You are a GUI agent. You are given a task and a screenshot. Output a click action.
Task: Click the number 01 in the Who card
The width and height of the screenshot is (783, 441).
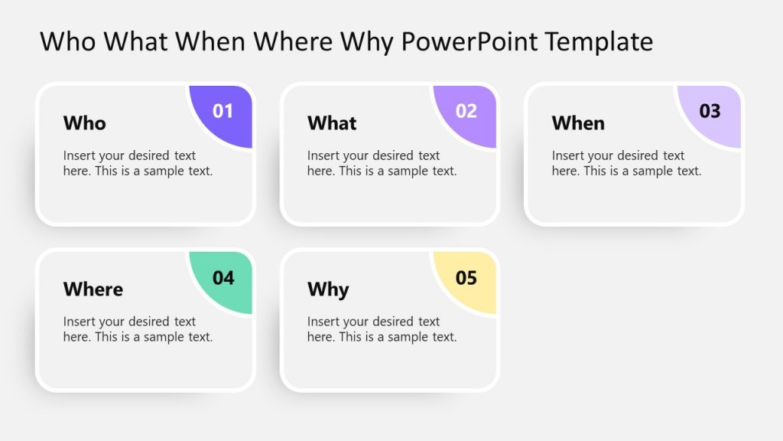click(x=223, y=111)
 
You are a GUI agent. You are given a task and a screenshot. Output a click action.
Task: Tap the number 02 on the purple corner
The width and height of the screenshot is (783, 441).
click(x=466, y=111)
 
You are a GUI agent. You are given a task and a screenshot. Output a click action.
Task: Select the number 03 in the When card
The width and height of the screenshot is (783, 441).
click(x=710, y=111)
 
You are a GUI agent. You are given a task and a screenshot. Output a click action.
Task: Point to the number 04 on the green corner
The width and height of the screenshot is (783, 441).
click(x=223, y=277)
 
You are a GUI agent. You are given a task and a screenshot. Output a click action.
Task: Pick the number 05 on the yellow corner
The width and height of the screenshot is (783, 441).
click(x=466, y=277)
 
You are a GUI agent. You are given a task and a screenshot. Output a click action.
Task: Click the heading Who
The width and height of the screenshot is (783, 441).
click(x=85, y=123)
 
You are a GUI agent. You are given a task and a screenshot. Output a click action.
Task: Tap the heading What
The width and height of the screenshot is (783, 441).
click(x=332, y=123)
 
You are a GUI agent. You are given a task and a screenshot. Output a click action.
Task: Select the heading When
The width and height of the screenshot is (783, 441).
click(x=578, y=123)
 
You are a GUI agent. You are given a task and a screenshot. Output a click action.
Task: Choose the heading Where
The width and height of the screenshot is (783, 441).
click(x=93, y=289)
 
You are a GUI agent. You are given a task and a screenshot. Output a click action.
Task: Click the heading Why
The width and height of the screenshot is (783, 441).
click(x=328, y=289)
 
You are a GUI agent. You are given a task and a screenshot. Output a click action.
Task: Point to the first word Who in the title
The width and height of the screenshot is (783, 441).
click(x=68, y=41)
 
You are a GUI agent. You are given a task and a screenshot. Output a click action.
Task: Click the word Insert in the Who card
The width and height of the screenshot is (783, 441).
click(x=79, y=155)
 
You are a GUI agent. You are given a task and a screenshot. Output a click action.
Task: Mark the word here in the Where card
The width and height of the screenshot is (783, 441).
click(x=76, y=337)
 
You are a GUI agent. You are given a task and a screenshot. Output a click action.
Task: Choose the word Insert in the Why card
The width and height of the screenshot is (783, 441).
click(x=323, y=322)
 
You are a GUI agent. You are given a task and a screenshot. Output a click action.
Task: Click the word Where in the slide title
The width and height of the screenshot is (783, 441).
click(x=295, y=41)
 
